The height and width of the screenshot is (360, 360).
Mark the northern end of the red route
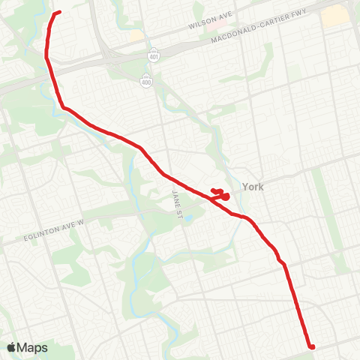[x=58, y=12]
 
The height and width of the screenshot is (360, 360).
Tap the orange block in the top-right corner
[x=335, y=14]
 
